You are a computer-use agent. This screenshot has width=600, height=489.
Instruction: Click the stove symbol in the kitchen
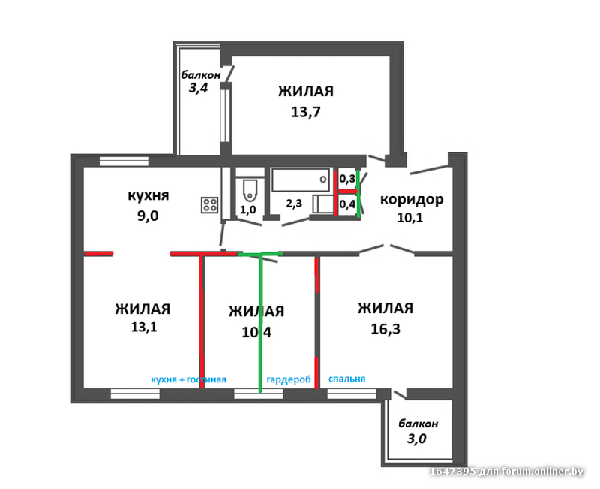point(210,205)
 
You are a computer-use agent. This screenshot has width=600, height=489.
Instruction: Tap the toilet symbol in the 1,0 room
point(250,191)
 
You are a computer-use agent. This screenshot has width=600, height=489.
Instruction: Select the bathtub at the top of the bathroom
point(301,180)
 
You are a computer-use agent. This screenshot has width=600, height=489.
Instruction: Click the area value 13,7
point(306,112)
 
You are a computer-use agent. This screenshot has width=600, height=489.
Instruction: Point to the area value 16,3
point(385,329)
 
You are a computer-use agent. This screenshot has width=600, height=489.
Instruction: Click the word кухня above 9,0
point(148,195)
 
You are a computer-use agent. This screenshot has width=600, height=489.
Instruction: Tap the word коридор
point(412,200)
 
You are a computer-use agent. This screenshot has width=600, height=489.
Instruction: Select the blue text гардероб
point(289,379)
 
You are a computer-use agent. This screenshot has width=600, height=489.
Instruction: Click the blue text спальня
point(347,379)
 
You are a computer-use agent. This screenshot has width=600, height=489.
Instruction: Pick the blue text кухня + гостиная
point(189,379)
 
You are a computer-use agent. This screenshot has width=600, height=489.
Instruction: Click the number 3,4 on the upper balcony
point(198,88)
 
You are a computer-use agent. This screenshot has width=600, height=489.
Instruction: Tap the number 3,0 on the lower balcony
point(416,439)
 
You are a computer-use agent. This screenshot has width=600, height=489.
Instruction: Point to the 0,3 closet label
point(347,179)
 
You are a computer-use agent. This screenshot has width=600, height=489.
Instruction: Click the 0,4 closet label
point(347,204)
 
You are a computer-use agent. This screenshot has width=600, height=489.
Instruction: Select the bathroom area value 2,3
point(294,203)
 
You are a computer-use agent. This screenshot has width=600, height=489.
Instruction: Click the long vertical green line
point(260,323)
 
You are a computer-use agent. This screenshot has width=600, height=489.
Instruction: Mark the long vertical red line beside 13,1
point(200,321)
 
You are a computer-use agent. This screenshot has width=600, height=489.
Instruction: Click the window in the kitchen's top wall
point(124,161)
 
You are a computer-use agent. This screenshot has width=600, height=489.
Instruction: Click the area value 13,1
point(144,328)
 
